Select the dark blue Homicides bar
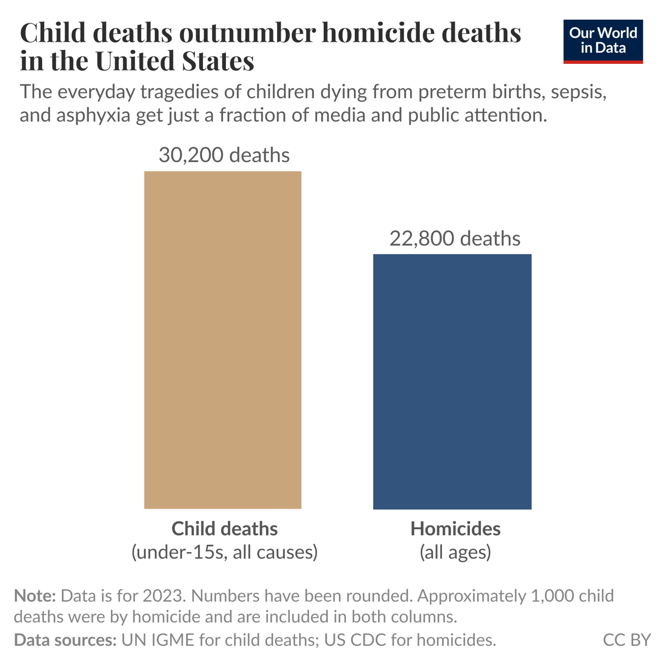(x=452, y=382)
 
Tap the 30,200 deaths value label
(x=224, y=155)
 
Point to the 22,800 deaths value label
(x=455, y=239)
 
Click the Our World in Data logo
(x=603, y=41)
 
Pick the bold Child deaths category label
(x=224, y=529)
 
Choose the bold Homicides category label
(x=455, y=529)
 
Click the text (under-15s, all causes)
(x=224, y=552)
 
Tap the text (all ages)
(x=455, y=552)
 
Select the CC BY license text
(x=627, y=640)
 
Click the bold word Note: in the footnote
(x=35, y=596)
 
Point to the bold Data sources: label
(x=65, y=640)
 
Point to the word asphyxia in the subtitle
(x=93, y=115)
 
